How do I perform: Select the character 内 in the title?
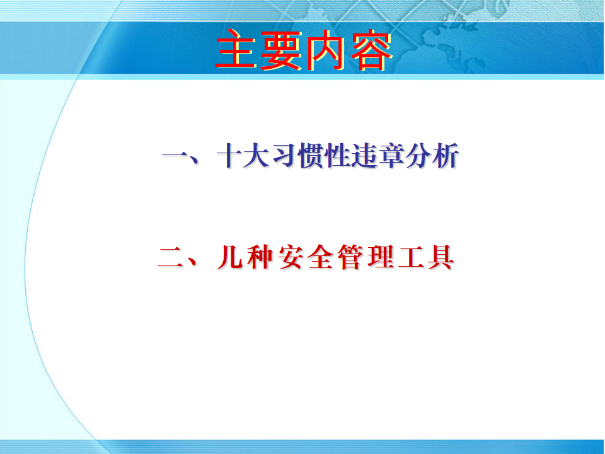point(325,50)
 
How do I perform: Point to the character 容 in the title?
point(370,50)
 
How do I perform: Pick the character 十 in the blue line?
point(230,155)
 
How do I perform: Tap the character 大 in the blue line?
point(256,155)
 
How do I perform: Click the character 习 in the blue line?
point(284,155)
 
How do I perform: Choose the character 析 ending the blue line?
point(446,155)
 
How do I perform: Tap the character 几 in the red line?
point(231,257)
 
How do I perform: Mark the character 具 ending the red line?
point(441,257)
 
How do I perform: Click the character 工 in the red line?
point(411,257)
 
